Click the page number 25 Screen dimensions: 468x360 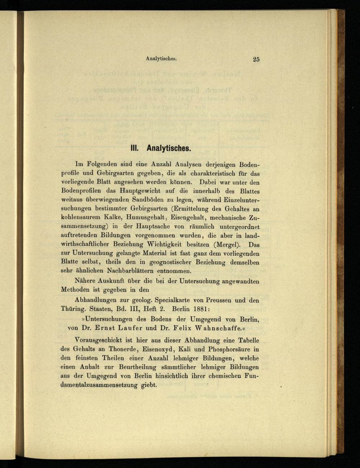[256, 59]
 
